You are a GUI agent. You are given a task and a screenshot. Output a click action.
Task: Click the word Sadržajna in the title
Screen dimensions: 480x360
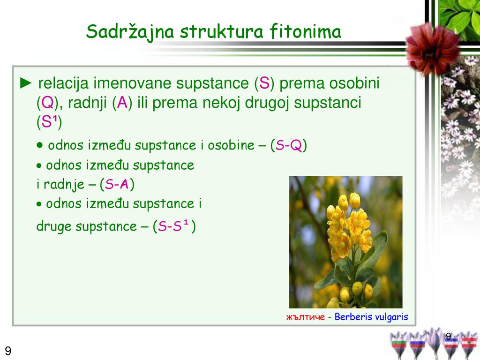[130, 32]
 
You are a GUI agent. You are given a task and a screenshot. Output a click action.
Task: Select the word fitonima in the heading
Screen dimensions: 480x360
[305, 31]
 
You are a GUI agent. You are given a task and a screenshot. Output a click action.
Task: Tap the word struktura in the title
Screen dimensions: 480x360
[221, 31]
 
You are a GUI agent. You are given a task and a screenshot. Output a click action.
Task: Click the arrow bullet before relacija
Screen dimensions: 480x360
[26, 83]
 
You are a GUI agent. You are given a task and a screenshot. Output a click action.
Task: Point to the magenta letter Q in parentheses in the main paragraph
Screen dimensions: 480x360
[47, 103]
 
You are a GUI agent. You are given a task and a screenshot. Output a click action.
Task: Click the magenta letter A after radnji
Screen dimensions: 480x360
[122, 103]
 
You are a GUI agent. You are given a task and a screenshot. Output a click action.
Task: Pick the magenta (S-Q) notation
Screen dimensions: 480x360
[289, 145]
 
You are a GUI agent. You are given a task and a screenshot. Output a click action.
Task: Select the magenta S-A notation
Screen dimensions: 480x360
[117, 184]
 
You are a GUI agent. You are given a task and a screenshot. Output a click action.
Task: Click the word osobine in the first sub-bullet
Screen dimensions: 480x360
[231, 145]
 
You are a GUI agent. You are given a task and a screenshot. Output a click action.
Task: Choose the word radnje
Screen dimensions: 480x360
[64, 185]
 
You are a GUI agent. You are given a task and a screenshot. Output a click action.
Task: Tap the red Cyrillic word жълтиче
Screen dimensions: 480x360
[306, 317]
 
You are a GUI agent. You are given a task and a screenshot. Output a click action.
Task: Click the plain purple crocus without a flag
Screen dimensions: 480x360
[434, 341]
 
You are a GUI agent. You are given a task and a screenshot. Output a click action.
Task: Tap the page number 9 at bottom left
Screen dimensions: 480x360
[8, 351]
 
